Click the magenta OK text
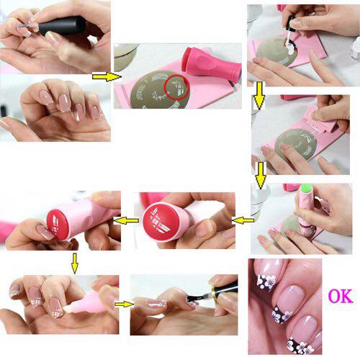pyautogui.click(x=341, y=296)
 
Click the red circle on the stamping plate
pyautogui.click(x=177, y=87)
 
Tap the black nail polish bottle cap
pyautogui.click(x=63, y=26)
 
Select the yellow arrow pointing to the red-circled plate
pyautogui.click(x=107, y=77)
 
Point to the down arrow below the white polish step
pyautogui.click(x=259, y=96)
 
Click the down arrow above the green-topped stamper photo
pyautogui.click(x=261, y=175)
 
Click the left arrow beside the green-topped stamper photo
pyautogui.click(x=243, y=220)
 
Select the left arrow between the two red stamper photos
pyautogui.click(x=126, y=220)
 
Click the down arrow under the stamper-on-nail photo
pyautogui.click(x=75, y=264)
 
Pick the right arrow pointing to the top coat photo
pyautogui.click(x=124, y=305)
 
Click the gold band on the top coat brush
pyautogui.click(x=214, y=291)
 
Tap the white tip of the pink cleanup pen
pyautogui.click(x=66, y=310)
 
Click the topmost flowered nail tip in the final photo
pyautogui.click(x=266, y=283)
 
